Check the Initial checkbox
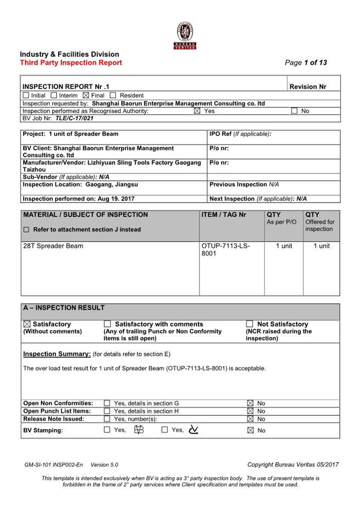(x=26, y=95)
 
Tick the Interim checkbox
(x=54, y=95)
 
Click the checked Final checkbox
(x=86, y=95)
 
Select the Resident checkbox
(x=113, y=95)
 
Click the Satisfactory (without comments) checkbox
(x=27, y=324)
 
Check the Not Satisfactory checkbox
(x=249, y=324)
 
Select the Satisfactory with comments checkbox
(x=107, y=324)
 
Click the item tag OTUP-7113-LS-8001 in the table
(x=226, y=250)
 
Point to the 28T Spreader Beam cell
(x=53, y=246)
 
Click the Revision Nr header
(x=308, y=87)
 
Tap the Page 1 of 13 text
(x=306, y=63)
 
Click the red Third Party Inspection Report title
(x=71, y=63)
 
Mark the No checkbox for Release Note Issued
(x=249, y=419)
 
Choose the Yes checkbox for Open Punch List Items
(x=107, y=411)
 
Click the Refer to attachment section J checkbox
(x=26, y=230)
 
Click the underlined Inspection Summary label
(x=57, y=354)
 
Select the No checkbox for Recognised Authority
(x=294, y=111)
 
